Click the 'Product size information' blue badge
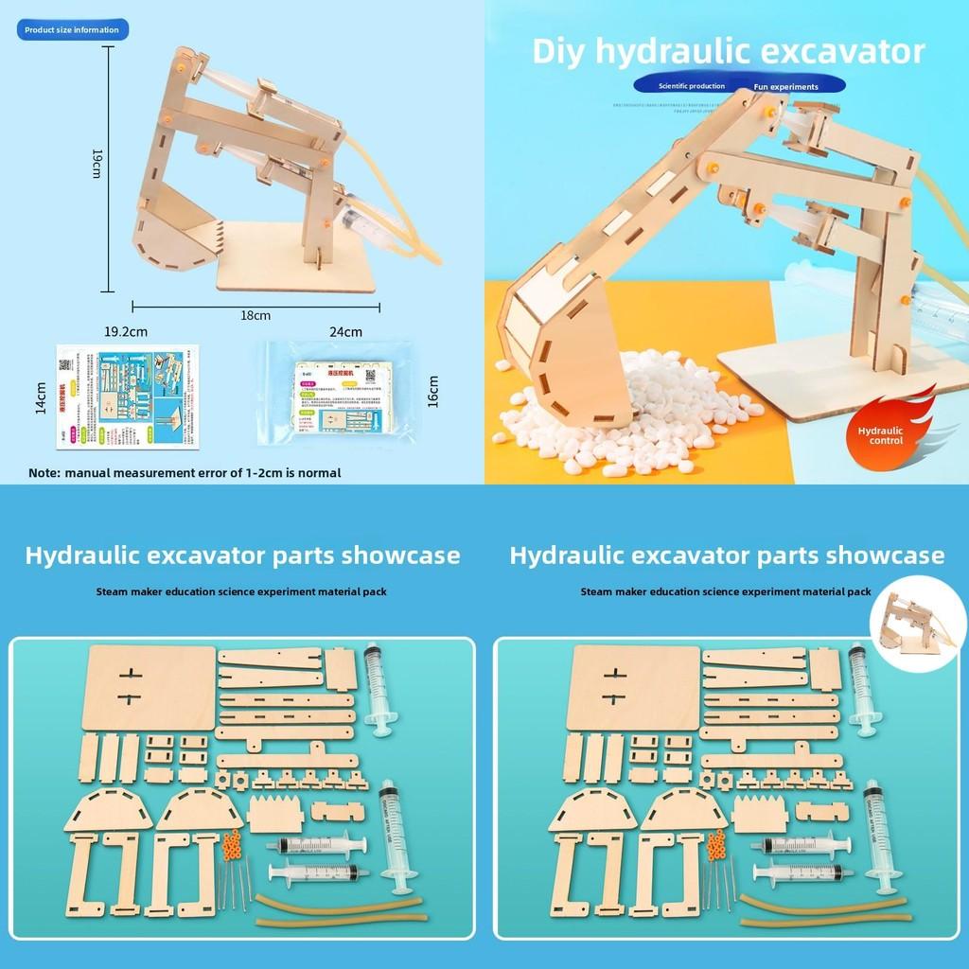coord(72,30)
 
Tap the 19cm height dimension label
coord(96,167)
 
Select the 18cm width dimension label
coord(255,315)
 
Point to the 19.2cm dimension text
coord(125,332)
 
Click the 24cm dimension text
coord(345,332)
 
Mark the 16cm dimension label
coord(433,392)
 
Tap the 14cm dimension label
coord(40,398)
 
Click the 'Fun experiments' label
coord(785,87)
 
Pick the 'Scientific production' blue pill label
coord(692,86)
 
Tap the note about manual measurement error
coord(185,472)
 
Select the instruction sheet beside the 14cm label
coord(126,396)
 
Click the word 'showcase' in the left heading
coord(400,555)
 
